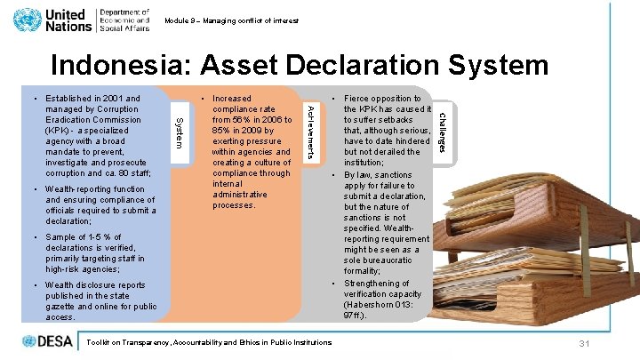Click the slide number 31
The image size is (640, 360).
(584, 344)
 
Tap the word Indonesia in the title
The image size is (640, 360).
(123, 65)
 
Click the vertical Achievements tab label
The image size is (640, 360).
(309, 131)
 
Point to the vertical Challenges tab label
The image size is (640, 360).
(443, 131)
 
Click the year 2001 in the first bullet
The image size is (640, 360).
(105, 99)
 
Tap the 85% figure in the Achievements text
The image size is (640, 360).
(225, 131)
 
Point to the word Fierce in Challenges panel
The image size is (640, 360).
(358, 99)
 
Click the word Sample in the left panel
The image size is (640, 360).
(62, 237)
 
